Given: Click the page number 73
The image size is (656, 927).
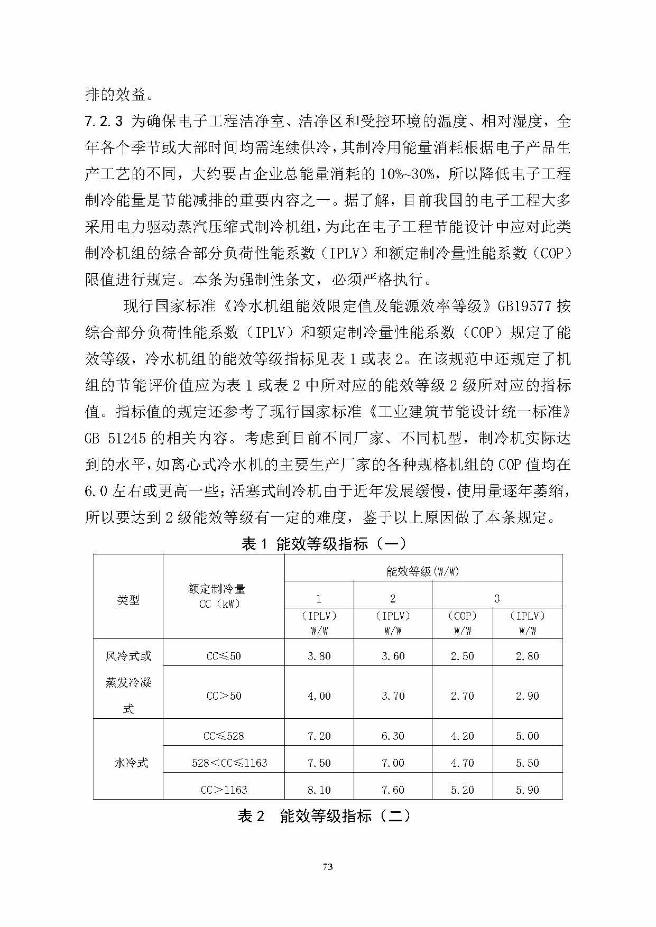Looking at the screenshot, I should coord(328,867).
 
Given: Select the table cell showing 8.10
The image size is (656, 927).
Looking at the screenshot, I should coord(319,790).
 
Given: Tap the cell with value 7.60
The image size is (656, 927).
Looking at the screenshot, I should coord(393,790).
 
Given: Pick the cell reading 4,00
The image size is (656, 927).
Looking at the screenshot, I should coord(319,696).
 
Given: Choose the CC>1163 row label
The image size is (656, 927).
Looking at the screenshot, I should coord(224,790).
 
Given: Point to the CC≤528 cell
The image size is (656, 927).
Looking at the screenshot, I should coord(224,736).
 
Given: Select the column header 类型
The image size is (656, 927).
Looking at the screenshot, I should coord(128,600).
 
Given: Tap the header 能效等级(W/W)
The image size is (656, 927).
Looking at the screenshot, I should coord(422,571).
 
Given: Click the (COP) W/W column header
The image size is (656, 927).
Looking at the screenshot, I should coord(463,623).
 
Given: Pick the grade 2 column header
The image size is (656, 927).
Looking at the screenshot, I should coord(393,598).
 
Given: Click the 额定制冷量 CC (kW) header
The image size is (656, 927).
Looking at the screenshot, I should coord(224,596).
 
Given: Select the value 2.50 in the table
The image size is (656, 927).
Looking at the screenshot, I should coord(463,656).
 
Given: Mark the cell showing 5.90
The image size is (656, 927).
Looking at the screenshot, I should coord(527,790).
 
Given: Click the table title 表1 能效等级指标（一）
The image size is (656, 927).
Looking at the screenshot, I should coord(324,543).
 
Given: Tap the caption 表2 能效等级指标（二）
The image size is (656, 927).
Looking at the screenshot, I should coord(324,816).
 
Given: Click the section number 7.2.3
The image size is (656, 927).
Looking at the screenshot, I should coord(104,122).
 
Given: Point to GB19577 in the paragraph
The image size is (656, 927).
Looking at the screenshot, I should coord(524,306).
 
